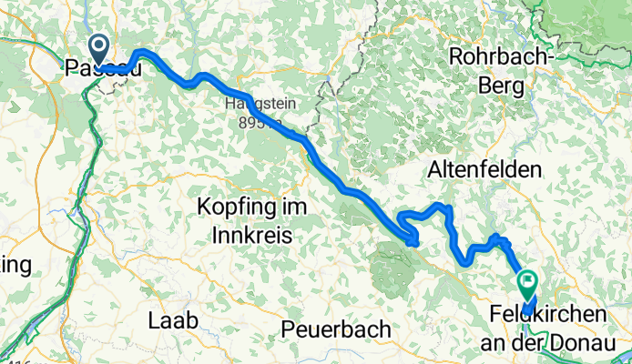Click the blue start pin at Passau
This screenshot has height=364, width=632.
click(97, 46)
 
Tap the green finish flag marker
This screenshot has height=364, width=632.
click(526, 283)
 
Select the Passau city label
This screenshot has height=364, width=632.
click(102, 68)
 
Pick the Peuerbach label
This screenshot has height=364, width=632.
click(336, 328)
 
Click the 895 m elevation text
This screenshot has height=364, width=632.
click(253, 123)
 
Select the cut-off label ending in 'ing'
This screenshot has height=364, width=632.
click(15, 265)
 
